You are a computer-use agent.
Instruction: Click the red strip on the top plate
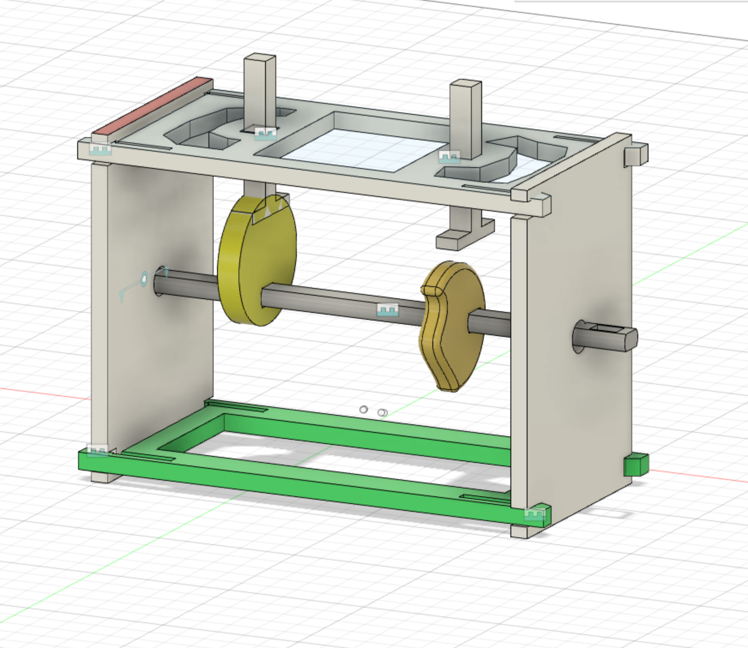point(152,105)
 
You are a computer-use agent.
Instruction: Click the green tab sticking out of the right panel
point(636,465)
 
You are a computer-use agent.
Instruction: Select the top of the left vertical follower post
point(260,57)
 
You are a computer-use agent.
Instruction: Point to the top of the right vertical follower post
point(466,84)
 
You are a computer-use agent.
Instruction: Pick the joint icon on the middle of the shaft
point(388,309)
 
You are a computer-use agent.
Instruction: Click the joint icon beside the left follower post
point(266,133)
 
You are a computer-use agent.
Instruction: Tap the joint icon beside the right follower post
point(449,157)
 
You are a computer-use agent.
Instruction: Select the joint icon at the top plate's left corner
point(100,150)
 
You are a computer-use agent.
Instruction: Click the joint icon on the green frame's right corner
point(535,514)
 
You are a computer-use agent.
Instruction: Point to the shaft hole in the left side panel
point(161,281)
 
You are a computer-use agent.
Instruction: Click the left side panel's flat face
point(159,343)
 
